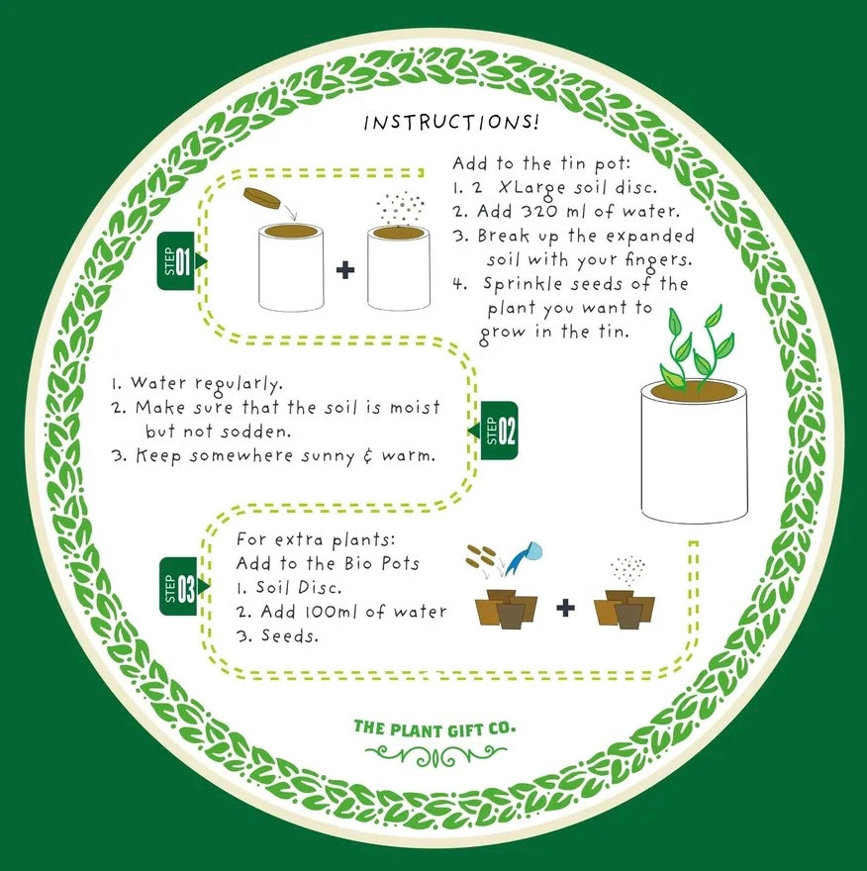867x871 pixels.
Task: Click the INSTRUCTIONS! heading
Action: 451,123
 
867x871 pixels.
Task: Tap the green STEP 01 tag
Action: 180,260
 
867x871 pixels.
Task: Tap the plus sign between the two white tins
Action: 344,269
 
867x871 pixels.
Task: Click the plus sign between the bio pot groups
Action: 565,606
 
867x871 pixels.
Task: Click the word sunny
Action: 334,456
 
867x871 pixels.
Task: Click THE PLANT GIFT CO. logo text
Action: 434,728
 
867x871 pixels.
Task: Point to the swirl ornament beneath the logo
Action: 435,757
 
